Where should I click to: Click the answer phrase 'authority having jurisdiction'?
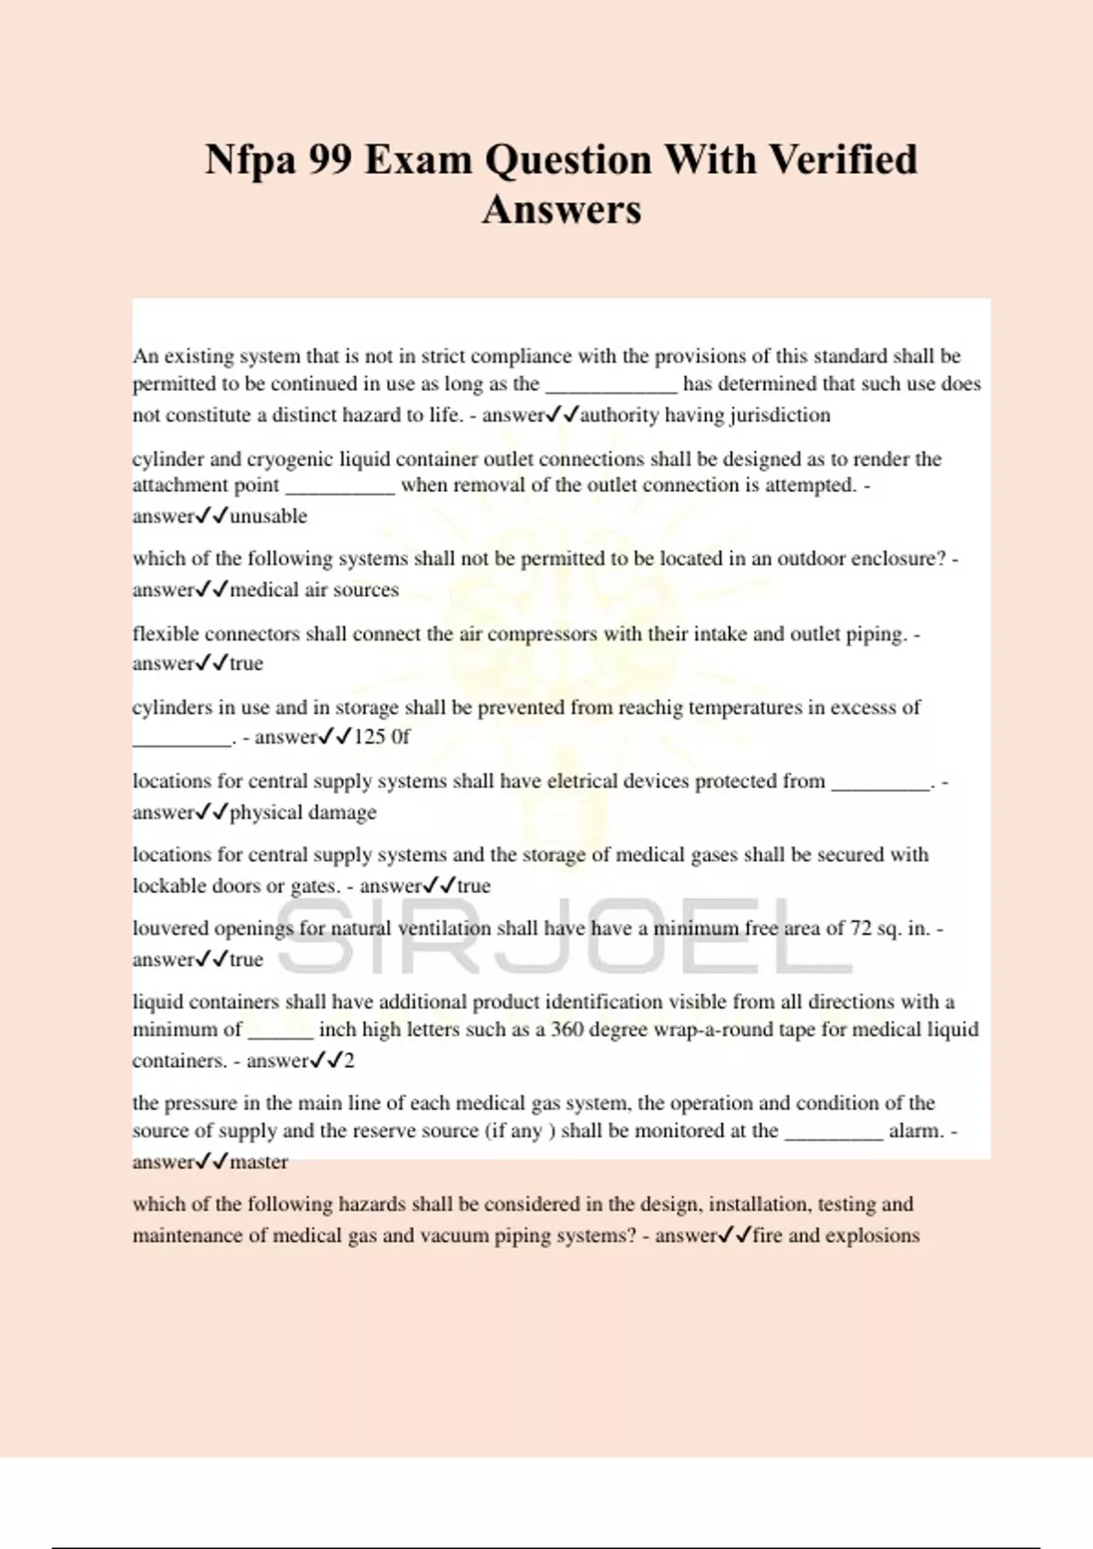[x=705, y=415]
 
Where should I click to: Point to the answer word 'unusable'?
[x=269, y=517]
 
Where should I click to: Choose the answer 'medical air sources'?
[x=314, y=590]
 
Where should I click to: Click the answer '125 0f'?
[x=382, y=736]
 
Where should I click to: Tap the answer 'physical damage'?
[x=303, y=813]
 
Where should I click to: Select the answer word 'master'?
[x=259, y=1163]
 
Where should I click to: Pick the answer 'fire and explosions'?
[x=836, y=1236]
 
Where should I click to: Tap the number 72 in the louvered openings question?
[x=861, y=928]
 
